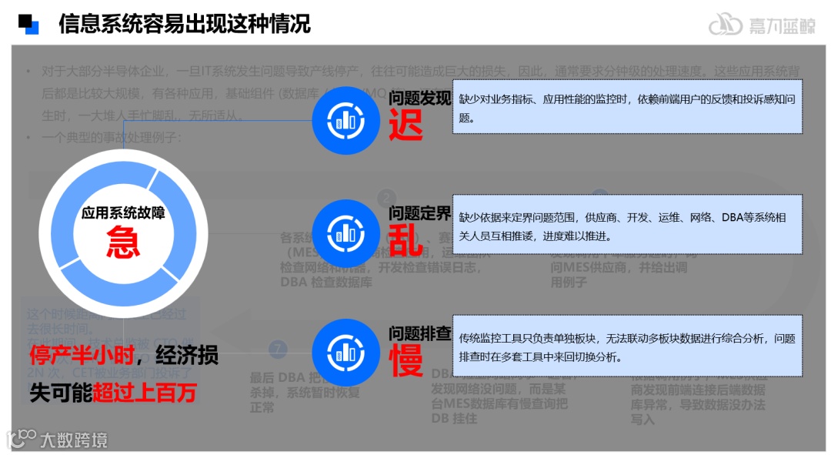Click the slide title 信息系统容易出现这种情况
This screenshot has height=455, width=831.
click(185, 24)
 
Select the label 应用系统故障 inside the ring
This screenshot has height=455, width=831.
click(123, 213)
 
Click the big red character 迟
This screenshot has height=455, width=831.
click(405, 124)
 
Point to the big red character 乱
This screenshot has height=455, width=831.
click(405, 239)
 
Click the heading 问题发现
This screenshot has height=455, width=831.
click(419, 99)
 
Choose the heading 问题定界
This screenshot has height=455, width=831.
click(419, 212)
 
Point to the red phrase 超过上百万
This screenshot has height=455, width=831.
click(144, 393)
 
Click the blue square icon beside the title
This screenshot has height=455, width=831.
click(28, 24)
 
